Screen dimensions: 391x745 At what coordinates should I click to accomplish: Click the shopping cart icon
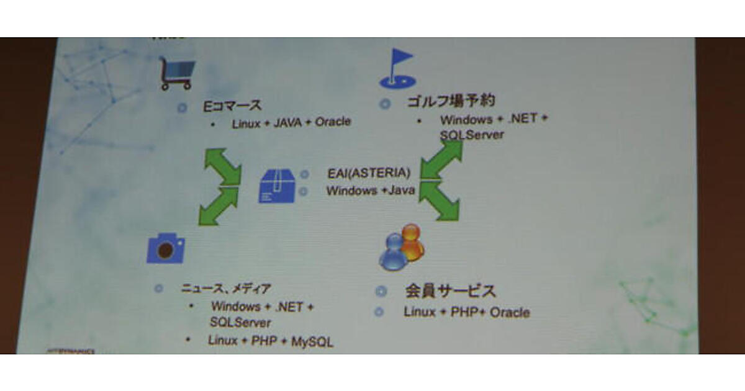tap(177, 73)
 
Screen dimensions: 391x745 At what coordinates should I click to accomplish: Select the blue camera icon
tap(165, 249)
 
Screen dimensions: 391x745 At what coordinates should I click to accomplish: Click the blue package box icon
tap(276, 186)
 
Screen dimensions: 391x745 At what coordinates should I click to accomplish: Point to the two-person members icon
tap(402, 248)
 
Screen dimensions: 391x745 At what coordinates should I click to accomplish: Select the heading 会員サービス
tap(450, 290)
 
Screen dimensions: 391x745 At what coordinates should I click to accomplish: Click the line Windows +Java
tap(370, 191)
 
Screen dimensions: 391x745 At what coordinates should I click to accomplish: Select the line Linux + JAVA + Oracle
tap(291, 122)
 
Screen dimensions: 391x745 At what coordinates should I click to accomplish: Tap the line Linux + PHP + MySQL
tap(271, 341)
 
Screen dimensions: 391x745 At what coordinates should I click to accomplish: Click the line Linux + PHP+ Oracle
tap(467, 312)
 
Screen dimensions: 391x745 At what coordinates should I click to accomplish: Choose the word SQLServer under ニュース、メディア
tap(240, 323)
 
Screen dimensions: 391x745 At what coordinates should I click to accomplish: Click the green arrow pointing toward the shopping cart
tap(221, 166)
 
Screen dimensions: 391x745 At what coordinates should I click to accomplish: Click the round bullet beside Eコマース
tap(182, 107)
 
